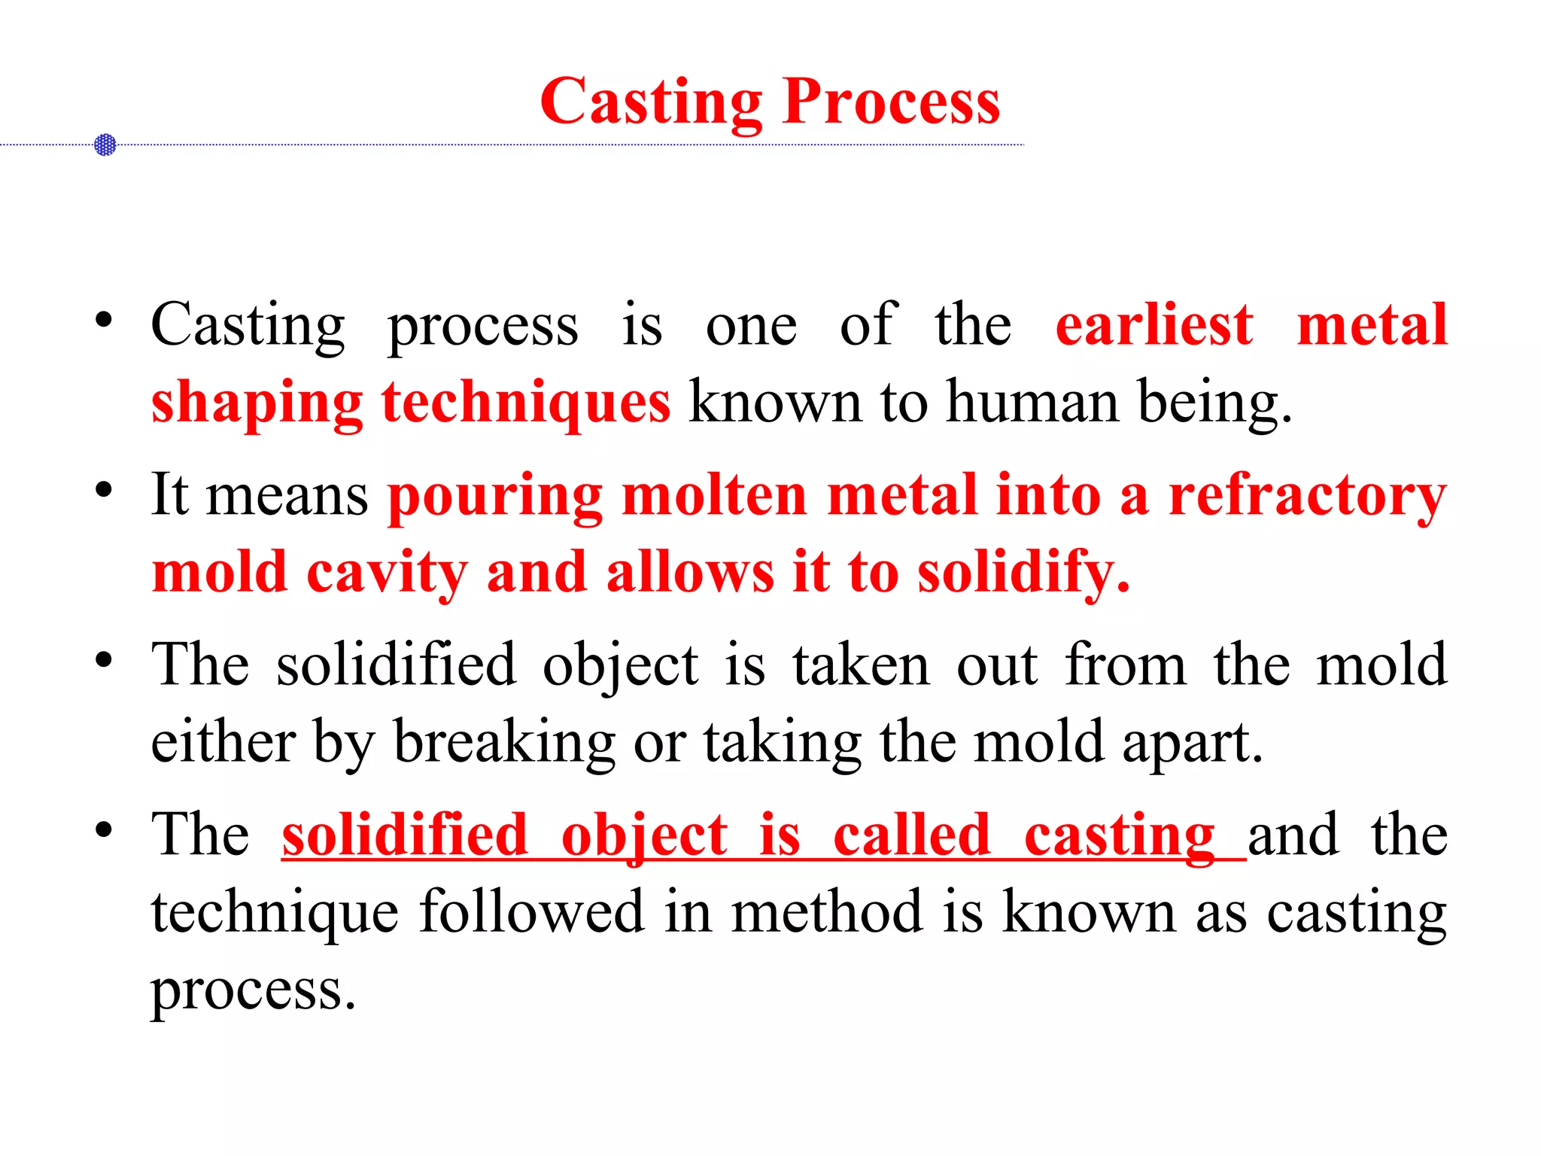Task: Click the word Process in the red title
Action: coord(892,103)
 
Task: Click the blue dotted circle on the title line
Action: coord(105,144)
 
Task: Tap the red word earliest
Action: coord(1154,325)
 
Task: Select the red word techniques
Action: coord(525,403)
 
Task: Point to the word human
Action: coord(1032,403)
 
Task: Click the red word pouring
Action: coord(495,497)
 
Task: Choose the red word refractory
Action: coord(1308,497)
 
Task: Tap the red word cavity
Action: coord(387,573)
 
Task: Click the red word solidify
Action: coord(1023,573)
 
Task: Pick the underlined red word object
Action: coord(645,837)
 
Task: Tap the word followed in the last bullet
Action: coord(531,912)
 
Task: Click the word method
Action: coord(827,912)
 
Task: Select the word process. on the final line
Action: coord(253,990)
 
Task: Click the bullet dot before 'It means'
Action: coord(104,491)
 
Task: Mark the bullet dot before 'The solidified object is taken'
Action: coord(104,660)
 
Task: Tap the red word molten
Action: coord(715,497)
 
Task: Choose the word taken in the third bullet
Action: coord(861,666)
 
